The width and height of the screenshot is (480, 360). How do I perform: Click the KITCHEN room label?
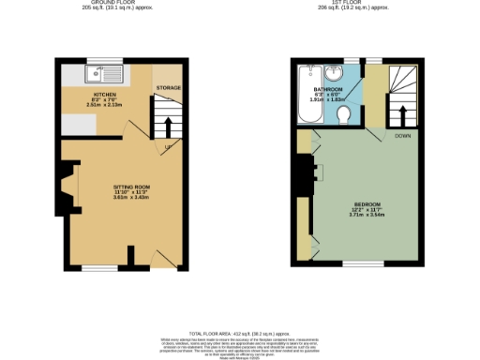pyautogui.click(x=105, y=95)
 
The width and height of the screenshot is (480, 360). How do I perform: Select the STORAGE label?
pyautogui.click(x=169, y=88)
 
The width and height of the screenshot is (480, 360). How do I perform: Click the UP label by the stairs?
pyautogui.click(x=168, y=147)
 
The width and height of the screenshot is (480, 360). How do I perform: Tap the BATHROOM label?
pyautogui.click(x=327, y=89)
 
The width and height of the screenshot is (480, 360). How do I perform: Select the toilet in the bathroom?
pyautogui.click(x=344, y=114)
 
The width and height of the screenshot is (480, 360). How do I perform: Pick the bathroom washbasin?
pyautogui.click(x=334, y=72)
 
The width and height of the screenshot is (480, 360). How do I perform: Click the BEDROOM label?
pyautogui.click(x=367, y=203)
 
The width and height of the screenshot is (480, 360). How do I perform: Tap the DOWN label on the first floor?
pyautogui.click(x=402, y=136)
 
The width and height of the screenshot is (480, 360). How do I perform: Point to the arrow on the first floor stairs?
pyautogui.click(x=402, y=114)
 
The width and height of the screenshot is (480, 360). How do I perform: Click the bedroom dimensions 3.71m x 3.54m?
pyautogui.click(x=367, y=215)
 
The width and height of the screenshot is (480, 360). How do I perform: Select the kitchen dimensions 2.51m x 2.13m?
pyautogui.click(x=105, y=105)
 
